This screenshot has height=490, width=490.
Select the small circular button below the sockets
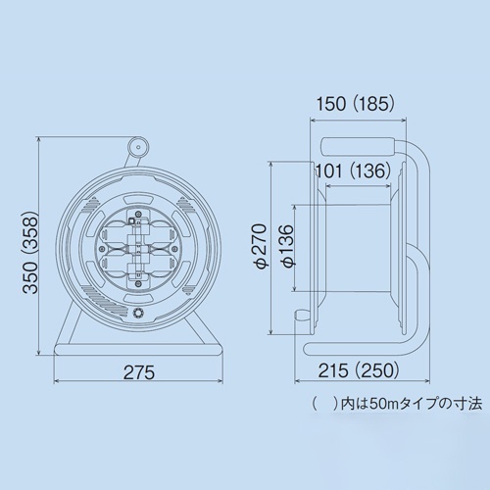(x=138, y=314)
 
